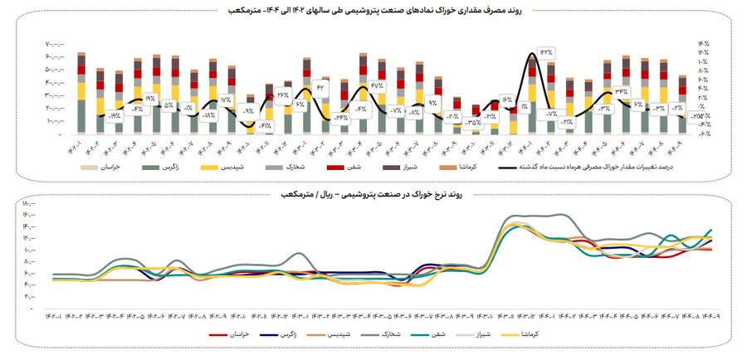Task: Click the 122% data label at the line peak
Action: coord(545,51)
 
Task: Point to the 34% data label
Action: coord(621,91)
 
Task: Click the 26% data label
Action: coord(282,94)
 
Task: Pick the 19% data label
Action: coord(149,98)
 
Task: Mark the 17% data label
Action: coord(225,100)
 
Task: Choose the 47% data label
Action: coord(377,85)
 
